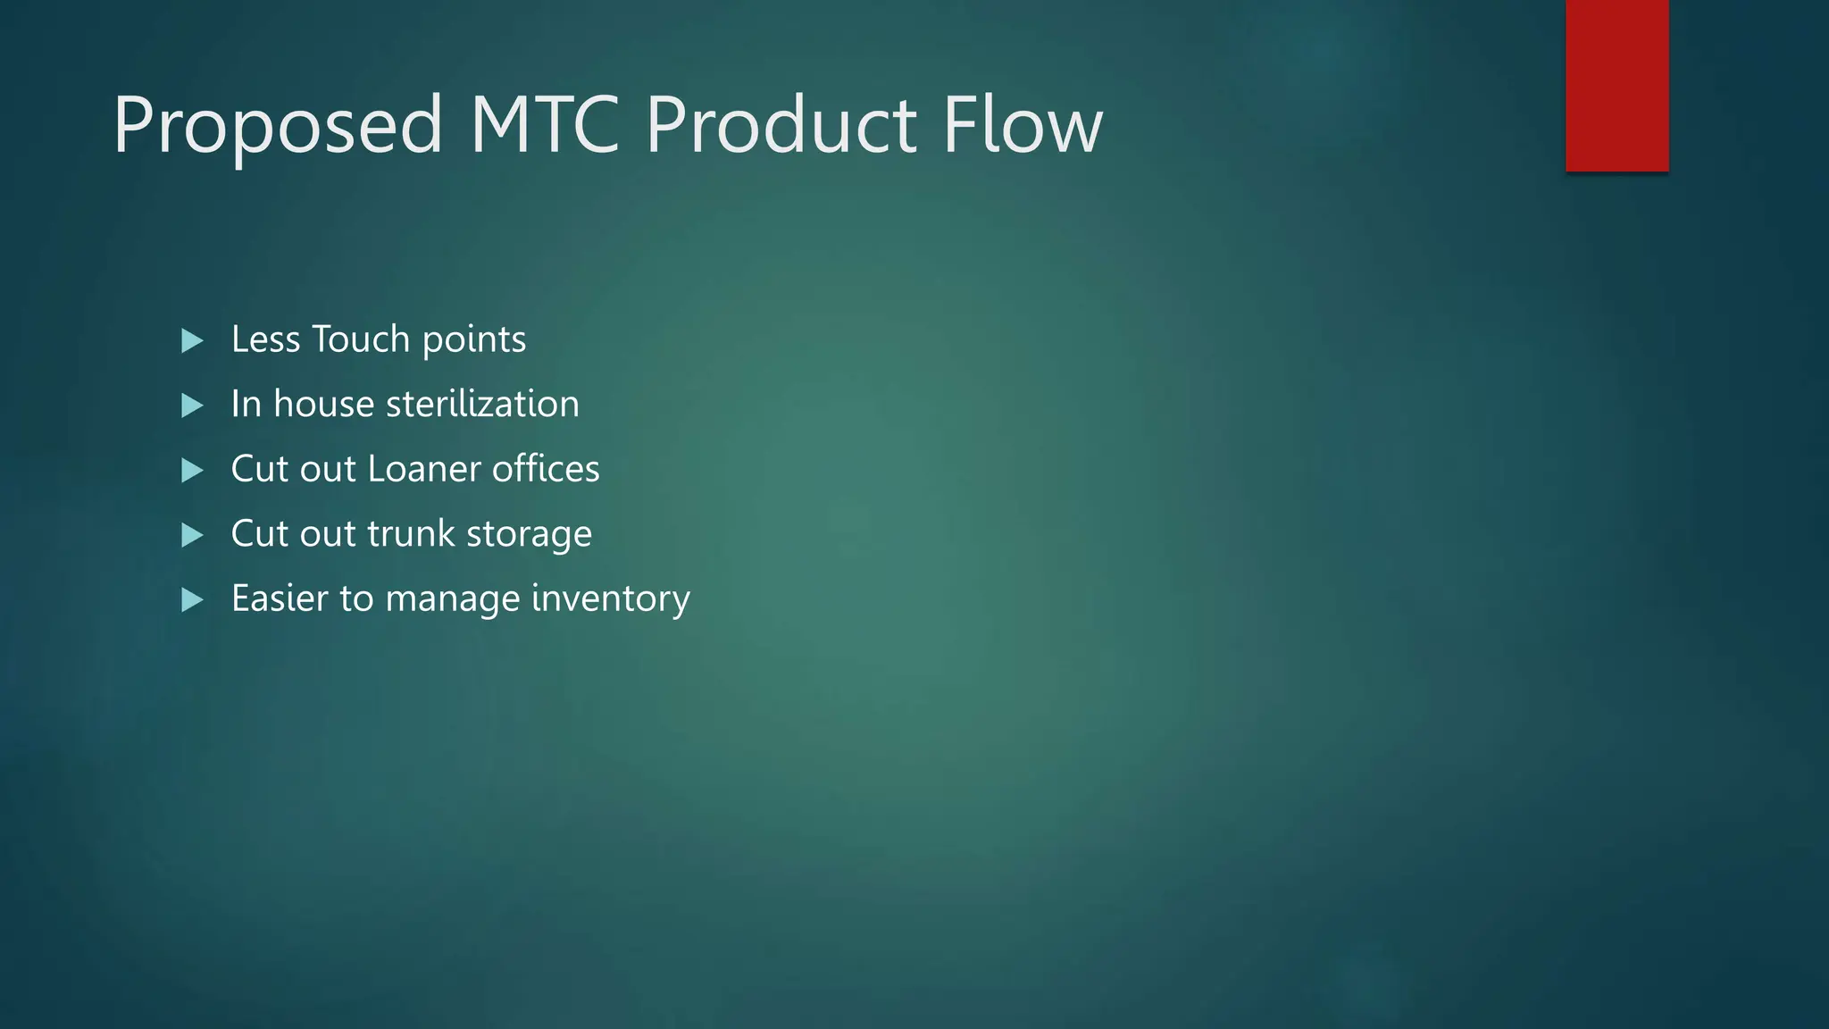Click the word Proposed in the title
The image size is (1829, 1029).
pos(278,126)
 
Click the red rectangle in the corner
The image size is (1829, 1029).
pos(1616,85)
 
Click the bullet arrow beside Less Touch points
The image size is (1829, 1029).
pos(192,340)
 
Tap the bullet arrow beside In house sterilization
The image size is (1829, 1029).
pos(192,406)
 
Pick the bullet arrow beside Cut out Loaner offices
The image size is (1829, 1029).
pos(192,470)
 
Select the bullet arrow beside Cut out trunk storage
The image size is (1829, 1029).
pos(192,535)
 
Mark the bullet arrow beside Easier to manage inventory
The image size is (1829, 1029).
pos(192,599)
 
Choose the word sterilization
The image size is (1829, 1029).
pos(482,404)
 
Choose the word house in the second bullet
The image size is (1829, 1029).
pos(323,404)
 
